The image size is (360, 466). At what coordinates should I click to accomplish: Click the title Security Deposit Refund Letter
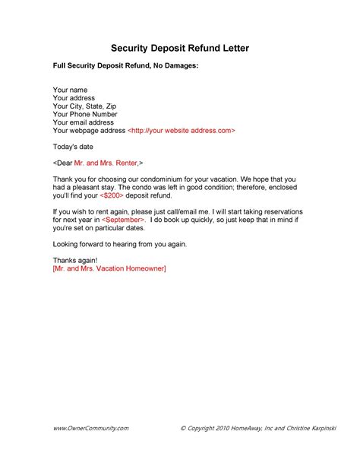pyautogui.click(x=180, y=49)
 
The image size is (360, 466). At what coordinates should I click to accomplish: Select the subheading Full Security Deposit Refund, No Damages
pyautogui.click(x=125, y=67)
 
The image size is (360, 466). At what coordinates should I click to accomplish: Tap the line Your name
pyautogui.click(x=70, y=90)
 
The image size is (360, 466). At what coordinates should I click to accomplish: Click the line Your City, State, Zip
pyautogui.click(x=85, y=106)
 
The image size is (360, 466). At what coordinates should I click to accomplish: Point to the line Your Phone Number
pyautogui.click(x=85, y=114)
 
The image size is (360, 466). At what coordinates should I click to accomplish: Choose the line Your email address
pyautogui.click(x=83, y=122)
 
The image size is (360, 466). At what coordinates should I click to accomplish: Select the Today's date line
pyautogui.click(x=74, y=146)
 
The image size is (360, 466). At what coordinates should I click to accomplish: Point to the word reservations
pyautogui.click(x=273, y=211)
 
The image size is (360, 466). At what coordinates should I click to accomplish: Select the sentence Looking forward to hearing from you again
pyautogui.click(x=119, y=243)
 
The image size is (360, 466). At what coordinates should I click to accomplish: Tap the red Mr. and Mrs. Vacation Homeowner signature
pyautogui.click(x=109, y=268)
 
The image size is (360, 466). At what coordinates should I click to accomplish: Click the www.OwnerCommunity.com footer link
pyautogui.click(x=90, y=429)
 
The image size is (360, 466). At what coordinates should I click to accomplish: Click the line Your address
pyautogui.click(x=74, y=98)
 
